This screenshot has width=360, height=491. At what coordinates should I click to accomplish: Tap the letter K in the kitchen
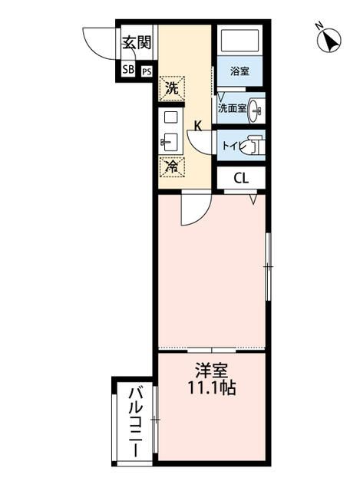click(x=197, y=127)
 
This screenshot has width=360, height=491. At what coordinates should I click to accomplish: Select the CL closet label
click(x=240, y=179)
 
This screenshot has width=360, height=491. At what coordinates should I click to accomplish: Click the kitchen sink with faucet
click(x=170, y=141)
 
